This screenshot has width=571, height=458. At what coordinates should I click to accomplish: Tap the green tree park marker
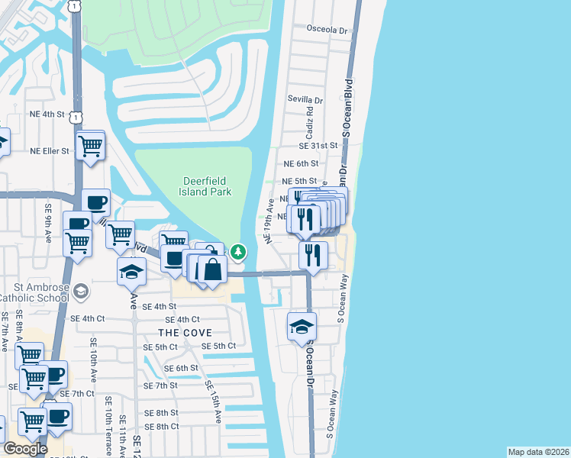[239, 250]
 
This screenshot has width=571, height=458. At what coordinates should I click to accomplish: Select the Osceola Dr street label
[327, 29]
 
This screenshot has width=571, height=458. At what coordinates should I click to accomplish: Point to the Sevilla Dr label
[305, 100]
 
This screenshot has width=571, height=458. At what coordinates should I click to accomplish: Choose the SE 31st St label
[318, 146]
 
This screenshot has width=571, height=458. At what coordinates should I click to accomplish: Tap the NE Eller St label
[50, 151]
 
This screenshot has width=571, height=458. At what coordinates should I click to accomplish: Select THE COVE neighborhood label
[185, 333]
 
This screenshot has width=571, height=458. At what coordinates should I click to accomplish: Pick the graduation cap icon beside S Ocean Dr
[302, 327]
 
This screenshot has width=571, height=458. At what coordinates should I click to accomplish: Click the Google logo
[25, 449]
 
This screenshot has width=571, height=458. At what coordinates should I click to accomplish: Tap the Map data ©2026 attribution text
[538, 452]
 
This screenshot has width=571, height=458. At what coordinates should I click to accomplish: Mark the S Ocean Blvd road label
[347, 105]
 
